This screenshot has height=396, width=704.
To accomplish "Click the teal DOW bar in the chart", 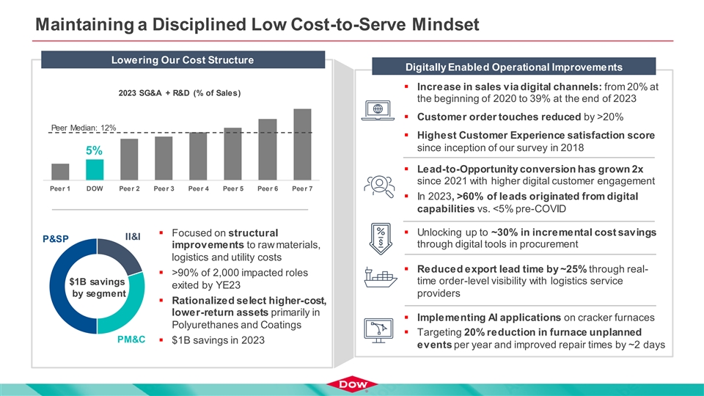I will (x=95, y=169).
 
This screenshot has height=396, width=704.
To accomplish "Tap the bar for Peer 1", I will (x=60, y=171).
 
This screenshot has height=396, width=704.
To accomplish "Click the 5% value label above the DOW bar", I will (x=94, y=150).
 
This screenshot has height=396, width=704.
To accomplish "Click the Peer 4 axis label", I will (x=198, y=188).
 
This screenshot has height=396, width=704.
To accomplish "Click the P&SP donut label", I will (x=56, y=238).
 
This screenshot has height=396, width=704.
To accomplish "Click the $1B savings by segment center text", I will (x=96, y=287).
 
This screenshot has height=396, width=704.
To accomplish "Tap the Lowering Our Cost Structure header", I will (x=181, y=59).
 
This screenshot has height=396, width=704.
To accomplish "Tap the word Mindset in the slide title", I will (x=437, y=25).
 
